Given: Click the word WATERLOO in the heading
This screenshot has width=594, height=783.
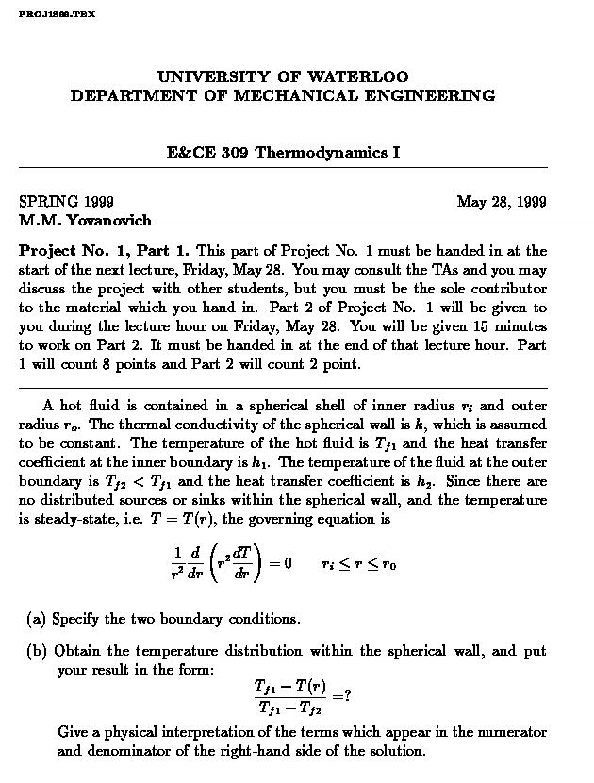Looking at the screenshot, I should pos(362,76).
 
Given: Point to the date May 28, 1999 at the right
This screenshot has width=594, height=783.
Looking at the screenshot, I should pos(502,202).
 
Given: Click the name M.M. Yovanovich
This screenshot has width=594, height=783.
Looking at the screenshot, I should pos(85,221).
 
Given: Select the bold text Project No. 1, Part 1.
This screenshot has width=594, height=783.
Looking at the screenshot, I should pos(105,251).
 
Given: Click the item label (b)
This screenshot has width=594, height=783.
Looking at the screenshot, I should pos(37,651).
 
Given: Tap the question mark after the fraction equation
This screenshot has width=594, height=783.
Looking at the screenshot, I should pos(348,696).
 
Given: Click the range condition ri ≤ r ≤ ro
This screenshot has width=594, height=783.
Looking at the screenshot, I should pos(358,564).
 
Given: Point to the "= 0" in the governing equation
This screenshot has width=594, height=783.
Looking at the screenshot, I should pos(281,564).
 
